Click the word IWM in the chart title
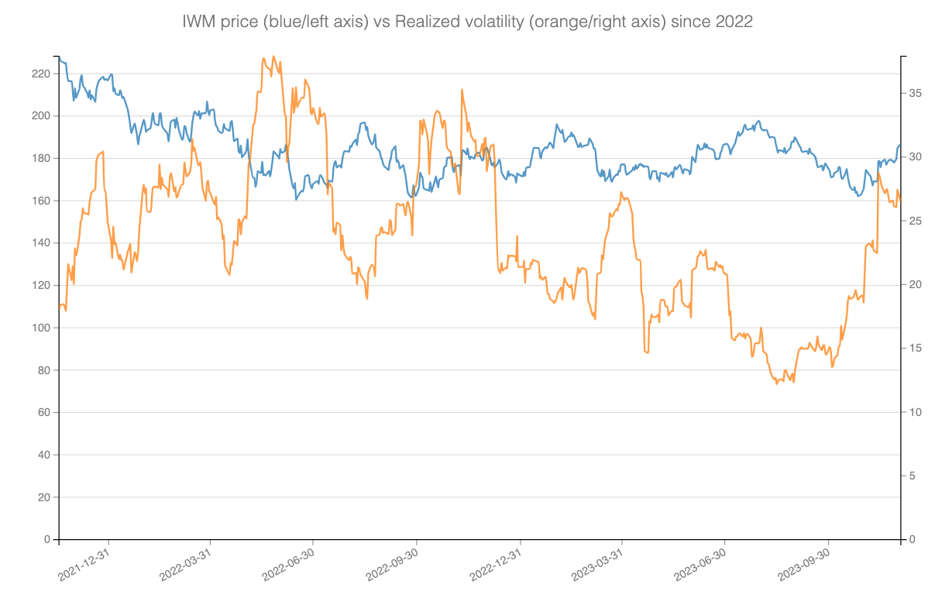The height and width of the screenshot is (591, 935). pos(198,22)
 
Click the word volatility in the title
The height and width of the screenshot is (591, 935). pos(496,22)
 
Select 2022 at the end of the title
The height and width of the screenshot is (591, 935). pos(734,22)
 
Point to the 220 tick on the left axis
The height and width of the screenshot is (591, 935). pos(40,74)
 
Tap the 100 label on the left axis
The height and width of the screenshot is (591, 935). pos(40,328)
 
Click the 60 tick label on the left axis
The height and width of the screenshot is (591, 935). pos(43,412)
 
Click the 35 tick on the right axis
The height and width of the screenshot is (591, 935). pos(916,93)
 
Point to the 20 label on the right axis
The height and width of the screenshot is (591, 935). pos(916,284)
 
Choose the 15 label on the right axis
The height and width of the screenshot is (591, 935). pos(916,349)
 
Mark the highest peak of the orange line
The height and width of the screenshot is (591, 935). pos(264,57)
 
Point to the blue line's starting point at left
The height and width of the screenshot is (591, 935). pos(60,59)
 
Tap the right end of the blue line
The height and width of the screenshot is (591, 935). pos(900,144)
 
